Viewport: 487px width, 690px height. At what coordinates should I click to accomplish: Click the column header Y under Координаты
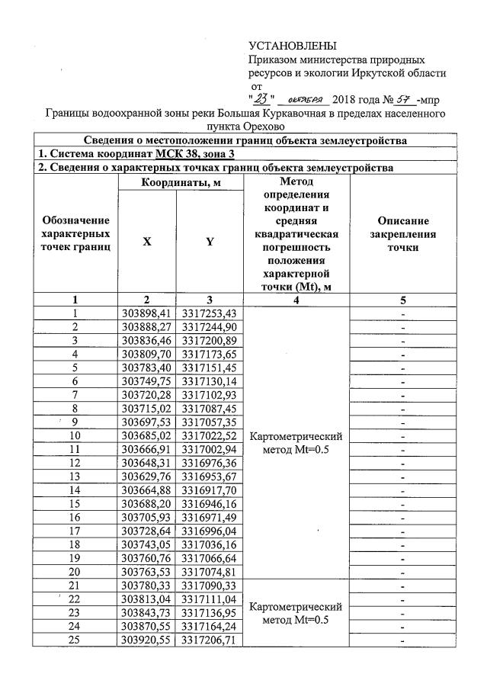click(209, 241)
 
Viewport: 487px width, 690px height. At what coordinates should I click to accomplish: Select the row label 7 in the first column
click(75, 396)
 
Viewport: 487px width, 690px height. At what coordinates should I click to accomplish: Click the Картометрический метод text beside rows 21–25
click(295, 614)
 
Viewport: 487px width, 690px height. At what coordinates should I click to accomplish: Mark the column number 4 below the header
click(295, 300)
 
